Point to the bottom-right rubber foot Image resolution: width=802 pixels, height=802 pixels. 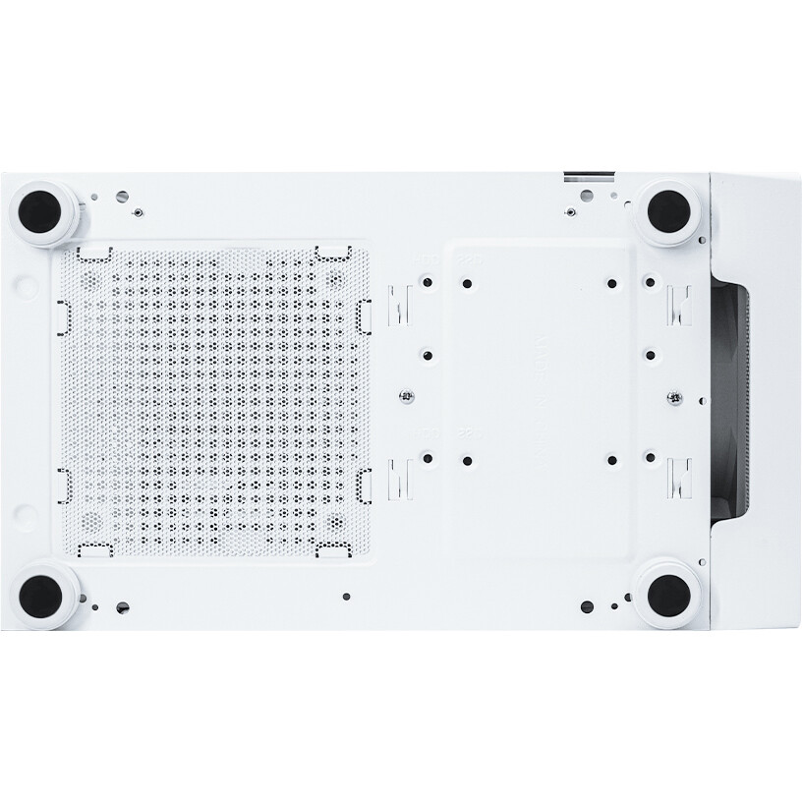coord(668,594)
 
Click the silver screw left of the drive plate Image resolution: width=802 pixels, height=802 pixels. coord(405,396)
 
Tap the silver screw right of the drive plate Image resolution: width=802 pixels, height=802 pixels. coord(674,396)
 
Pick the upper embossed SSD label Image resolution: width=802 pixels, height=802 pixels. coord(466,259)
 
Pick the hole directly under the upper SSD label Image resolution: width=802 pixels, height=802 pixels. coord(466,283)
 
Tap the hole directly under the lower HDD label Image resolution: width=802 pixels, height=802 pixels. coord(429,456)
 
